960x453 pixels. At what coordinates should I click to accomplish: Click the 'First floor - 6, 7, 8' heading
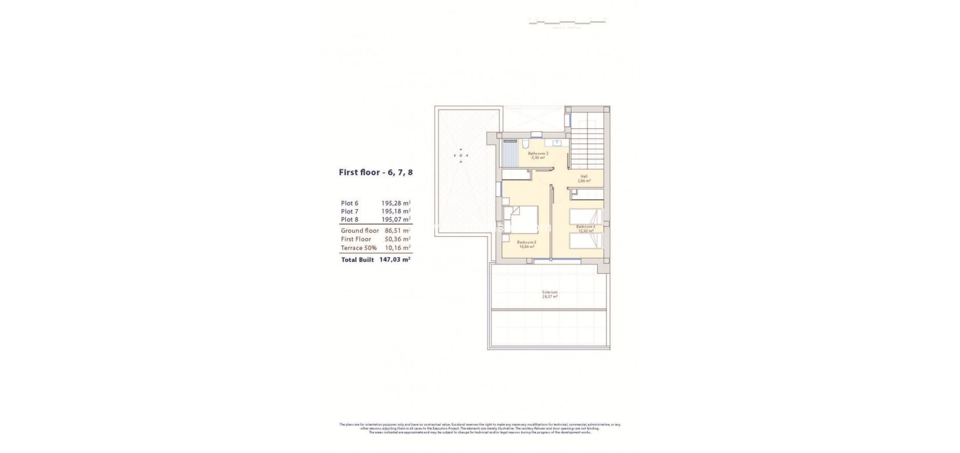[x=379, y=172]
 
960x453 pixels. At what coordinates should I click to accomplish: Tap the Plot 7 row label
[x=349, y=212]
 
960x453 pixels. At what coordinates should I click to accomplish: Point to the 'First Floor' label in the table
[x=356, y=239]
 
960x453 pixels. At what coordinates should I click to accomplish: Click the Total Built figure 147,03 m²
[x=394, y=260]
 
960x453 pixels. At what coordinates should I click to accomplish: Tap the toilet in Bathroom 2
[x=526, y=145]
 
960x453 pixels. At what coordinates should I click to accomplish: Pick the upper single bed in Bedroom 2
[x=585, y=216]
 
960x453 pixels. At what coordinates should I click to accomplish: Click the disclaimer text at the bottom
[x=479, y=428]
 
